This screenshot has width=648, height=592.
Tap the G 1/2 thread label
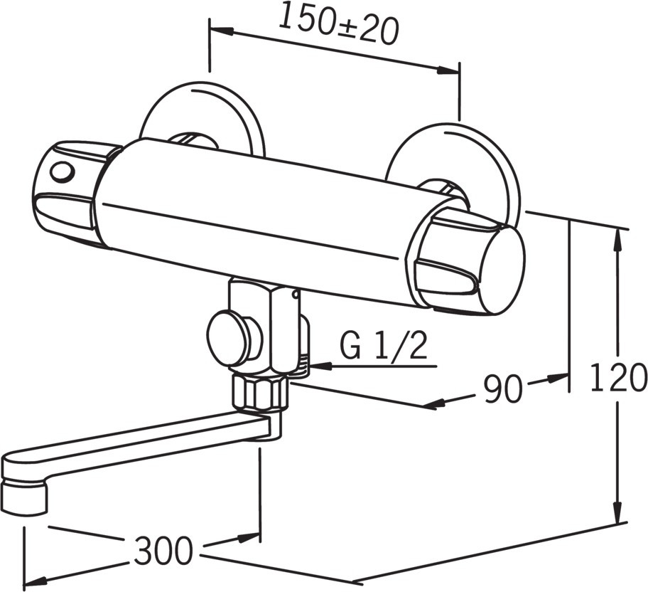(x=383, y=346)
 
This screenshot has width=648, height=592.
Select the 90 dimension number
(x=502, y=388)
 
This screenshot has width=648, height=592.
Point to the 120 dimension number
(x=618, y=377)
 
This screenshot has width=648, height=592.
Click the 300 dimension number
(x=163, y=551)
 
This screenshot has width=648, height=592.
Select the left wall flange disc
(x=201, y=115)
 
